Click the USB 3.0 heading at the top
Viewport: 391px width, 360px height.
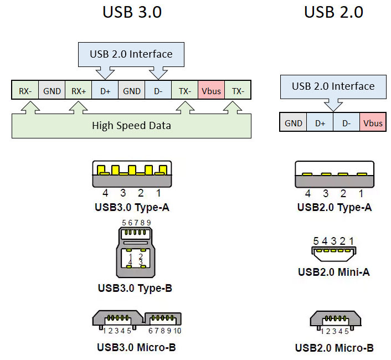pos(132,12)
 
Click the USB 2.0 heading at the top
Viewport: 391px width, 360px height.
pos(333,12)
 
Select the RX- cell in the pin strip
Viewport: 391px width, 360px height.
pos(25,90)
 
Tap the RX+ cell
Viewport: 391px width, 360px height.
pos(79,90)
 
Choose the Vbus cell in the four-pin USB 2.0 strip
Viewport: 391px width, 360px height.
pos(373,123)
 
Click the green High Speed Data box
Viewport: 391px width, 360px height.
pos(131,125)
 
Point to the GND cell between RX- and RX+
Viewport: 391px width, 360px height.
pos(52,90)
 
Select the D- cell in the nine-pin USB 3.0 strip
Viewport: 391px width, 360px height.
pos(158,90)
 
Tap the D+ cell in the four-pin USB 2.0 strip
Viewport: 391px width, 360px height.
pos(320,123)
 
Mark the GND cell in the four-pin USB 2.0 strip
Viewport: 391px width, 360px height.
pos(294,123)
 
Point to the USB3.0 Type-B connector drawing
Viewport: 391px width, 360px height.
pos(136,252)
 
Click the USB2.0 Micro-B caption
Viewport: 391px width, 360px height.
pos(335,348)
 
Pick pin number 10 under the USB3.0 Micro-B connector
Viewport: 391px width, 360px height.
pos(177,331)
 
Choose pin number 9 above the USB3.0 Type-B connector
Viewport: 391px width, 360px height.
pos(149,223)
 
